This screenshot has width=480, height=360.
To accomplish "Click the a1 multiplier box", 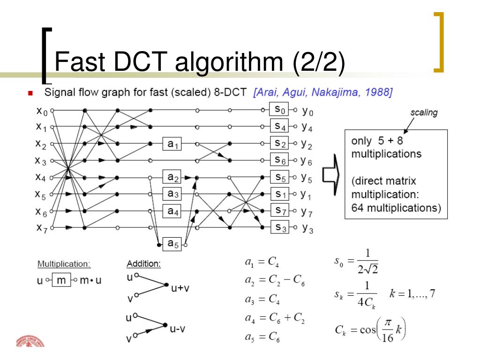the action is [172, 145].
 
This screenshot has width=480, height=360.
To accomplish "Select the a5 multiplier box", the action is [172, 244].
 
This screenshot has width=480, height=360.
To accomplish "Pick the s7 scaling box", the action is [279, 210].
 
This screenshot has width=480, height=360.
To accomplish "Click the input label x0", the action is [42, 112].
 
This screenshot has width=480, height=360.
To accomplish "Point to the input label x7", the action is [42, 228].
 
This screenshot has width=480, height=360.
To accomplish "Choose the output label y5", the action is [307, 178].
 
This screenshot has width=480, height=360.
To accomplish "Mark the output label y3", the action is [307, 228].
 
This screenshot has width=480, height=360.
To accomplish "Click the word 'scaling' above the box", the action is [424, 112].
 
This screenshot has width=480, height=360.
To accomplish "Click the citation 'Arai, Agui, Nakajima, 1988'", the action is [322, 93].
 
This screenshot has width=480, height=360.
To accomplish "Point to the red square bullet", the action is [31, 93].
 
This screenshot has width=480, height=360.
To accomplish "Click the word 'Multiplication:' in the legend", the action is [64, 264].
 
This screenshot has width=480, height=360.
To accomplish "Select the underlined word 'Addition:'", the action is [144, 264].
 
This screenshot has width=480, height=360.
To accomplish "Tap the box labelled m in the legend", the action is [61, 281].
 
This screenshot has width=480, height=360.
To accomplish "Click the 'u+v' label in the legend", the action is [180, 288].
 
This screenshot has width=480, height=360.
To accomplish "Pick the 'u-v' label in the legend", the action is [178, 329].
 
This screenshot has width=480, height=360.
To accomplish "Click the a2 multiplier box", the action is [172, 178].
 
